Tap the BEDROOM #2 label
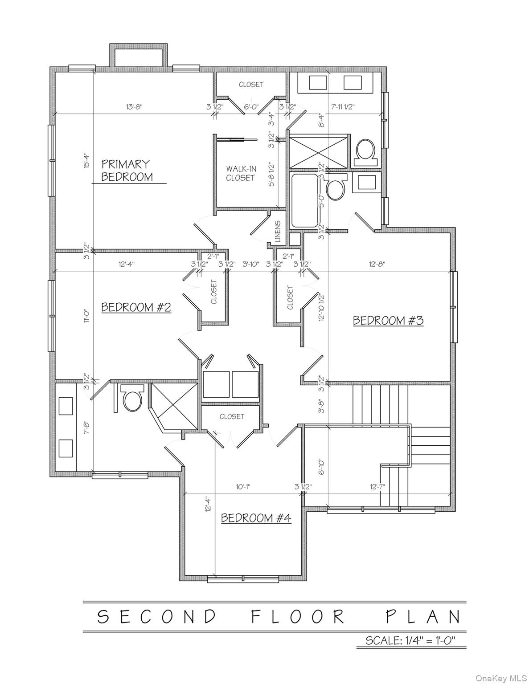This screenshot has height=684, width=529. click(136, 307)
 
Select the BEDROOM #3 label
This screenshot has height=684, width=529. click(388, 320)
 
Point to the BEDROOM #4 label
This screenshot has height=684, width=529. click(256, 518)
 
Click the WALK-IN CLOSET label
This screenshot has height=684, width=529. click(241, 173)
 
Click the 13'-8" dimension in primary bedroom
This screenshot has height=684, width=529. click(134, 107)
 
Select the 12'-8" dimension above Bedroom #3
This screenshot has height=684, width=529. click(377, 264)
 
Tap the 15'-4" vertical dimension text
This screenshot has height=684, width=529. click(86, 161)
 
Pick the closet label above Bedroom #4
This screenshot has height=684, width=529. click(232, 416)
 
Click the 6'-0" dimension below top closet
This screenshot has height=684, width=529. click(251, 107)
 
